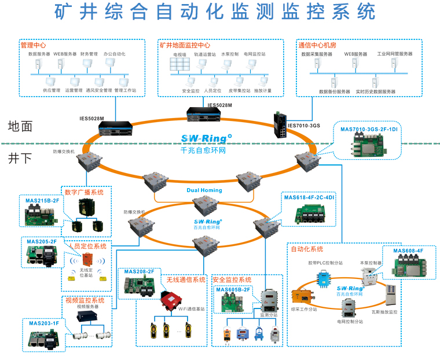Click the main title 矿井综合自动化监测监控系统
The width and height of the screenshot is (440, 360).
point(215,12)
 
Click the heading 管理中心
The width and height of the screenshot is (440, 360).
point(33,45)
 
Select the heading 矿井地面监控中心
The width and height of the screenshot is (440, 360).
point(185,45)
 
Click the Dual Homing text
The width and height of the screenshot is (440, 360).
point(204,190)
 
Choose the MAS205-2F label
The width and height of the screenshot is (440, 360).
point(41,241)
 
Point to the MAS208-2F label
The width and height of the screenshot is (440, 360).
point(138,271)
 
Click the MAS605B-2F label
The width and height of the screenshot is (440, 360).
point(233,289)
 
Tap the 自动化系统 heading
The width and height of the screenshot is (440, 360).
point(323,249)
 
